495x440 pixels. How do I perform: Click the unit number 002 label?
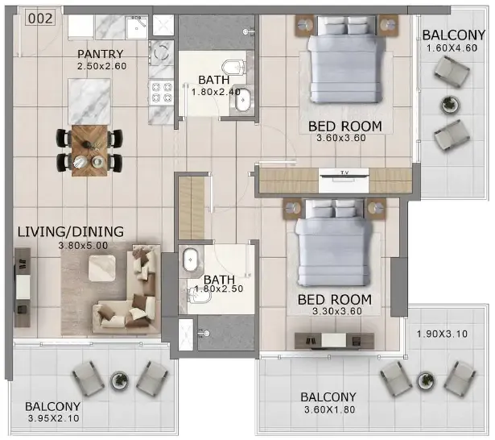point(40,18)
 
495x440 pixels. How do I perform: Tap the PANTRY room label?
point(101,54)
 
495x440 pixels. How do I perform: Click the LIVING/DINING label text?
point(71,232)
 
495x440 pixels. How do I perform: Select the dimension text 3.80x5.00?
point(83,245)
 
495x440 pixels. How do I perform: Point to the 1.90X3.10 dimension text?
point(442,334)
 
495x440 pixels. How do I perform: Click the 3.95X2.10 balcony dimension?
point(54,418)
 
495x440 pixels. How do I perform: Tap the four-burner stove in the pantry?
point(162,92)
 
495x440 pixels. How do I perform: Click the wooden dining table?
point(89,151)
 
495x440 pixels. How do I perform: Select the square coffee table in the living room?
point(102,268)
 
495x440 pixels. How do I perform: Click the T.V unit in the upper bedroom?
point(344,181)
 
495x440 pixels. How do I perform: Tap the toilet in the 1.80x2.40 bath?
point(233,67)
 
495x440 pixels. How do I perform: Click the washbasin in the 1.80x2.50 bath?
point(191,259)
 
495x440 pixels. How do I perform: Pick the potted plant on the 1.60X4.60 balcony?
point(450,104)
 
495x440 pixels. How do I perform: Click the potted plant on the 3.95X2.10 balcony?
point(119,380)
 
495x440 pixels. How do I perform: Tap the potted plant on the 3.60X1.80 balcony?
point(426,380)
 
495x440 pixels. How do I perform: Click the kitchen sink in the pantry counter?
point(136,27)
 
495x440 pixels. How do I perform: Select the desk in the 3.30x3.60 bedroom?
point(334,341)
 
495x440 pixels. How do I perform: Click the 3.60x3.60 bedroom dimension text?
point(341,138)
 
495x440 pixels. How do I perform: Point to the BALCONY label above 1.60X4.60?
point(454,35)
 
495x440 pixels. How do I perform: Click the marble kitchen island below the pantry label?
point(89,102)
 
